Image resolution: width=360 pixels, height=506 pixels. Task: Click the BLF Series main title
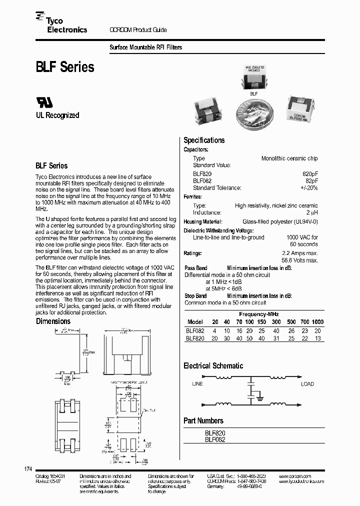64,67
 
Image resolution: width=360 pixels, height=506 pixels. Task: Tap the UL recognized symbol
44,102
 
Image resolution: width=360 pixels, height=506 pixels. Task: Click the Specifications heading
204,140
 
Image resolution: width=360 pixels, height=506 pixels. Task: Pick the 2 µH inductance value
311,212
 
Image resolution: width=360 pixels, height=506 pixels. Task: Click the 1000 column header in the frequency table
317,322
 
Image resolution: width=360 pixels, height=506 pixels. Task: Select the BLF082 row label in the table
194,330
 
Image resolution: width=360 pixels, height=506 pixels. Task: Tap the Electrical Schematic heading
213,366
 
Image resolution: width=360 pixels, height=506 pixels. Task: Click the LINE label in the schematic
197,384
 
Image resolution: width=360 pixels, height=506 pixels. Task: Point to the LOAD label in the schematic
307,384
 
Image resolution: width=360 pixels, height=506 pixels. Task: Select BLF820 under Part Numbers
215,433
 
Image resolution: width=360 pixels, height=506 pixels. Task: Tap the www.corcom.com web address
294,476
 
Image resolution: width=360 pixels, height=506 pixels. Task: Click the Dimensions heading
53,321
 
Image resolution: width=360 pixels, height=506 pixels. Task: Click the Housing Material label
202,221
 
